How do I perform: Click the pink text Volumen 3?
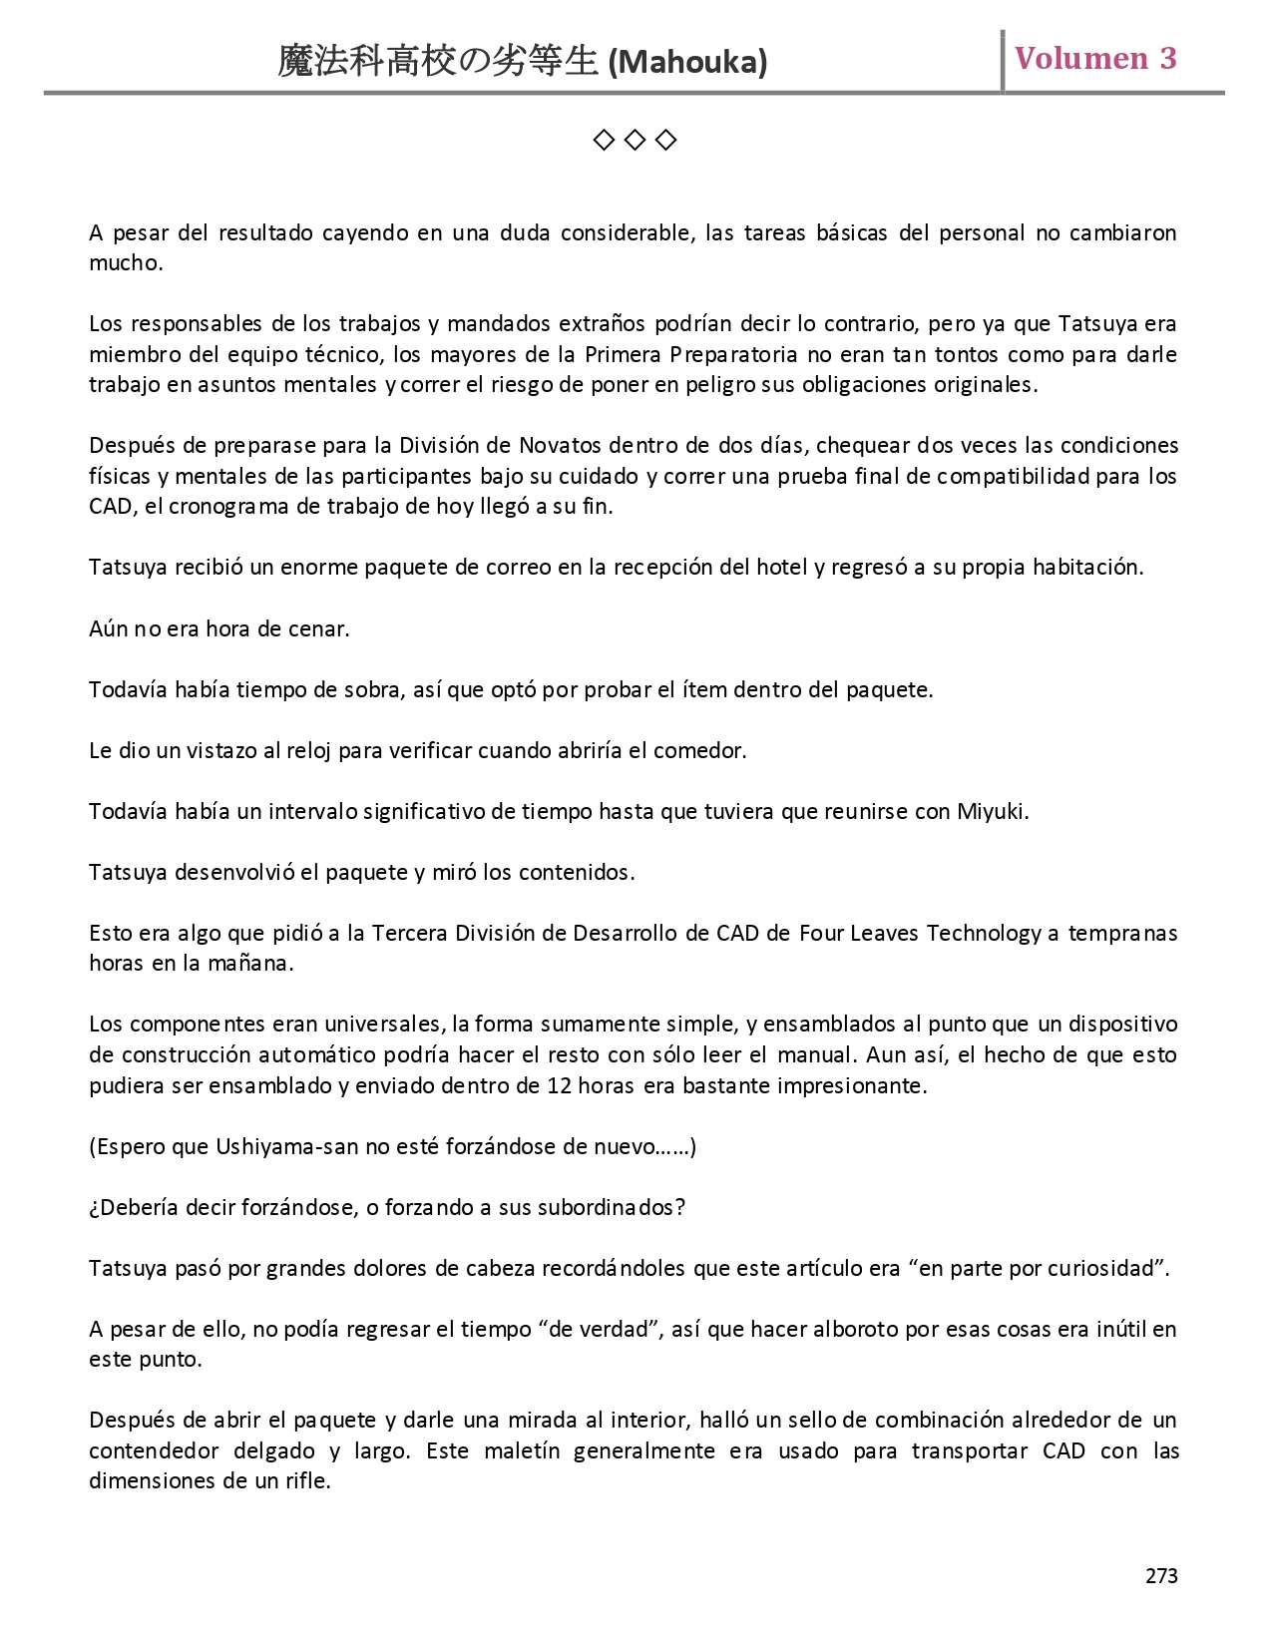pos(1095,58)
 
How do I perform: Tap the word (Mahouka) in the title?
pos(687,63)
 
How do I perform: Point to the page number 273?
pos(1161,1576)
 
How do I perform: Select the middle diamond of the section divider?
pos(635,141)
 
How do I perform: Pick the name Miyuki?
pos(992,811)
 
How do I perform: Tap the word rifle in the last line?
pos(304,1480)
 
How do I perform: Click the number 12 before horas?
pos(559,1085)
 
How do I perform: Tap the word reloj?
pos(309,750)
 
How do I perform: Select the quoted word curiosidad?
pos(1105,1268)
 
